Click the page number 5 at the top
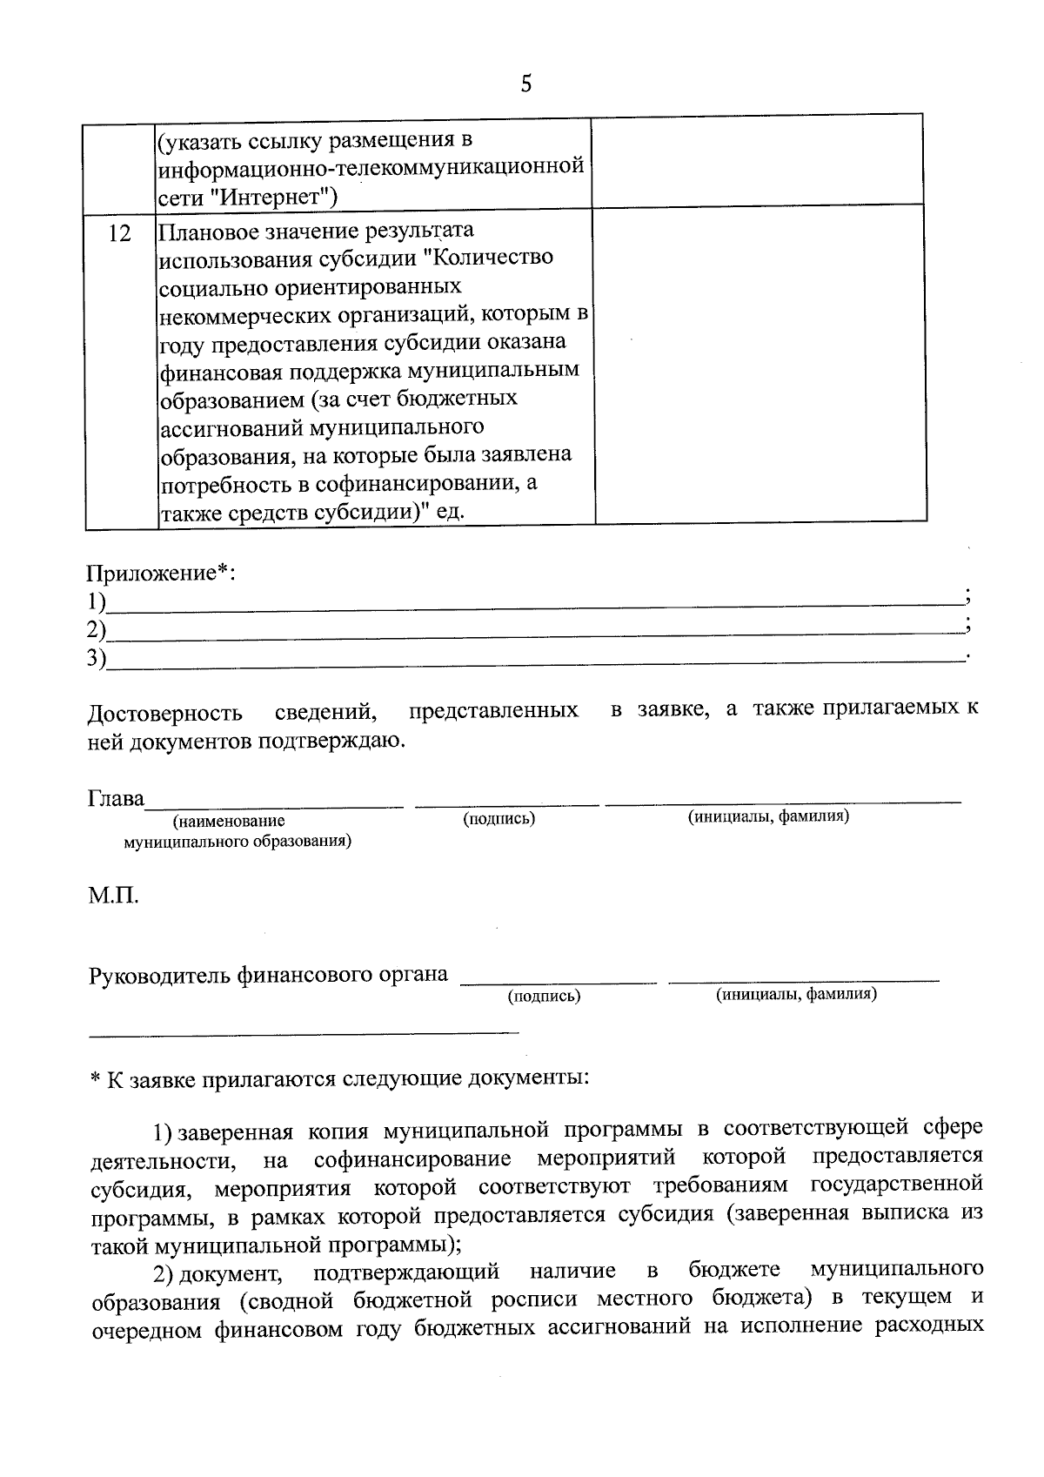(x=525, y=84)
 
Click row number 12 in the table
(x=120, y=233)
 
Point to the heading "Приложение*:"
(x=161, y=573)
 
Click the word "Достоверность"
(x=165, y=713)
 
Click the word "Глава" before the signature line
(x=116, y=798)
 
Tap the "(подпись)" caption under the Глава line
(x=499, y=818)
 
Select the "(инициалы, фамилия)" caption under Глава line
(x=768, y=816)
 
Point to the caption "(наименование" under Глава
(x=229, y=820)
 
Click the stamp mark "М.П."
(x=113, y=896)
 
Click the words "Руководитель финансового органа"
(x=268, y=974)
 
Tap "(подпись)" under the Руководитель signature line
(x=544, y=996)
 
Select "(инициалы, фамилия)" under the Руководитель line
(x=796, y=994)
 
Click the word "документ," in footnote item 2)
(x=240, y=1273)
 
